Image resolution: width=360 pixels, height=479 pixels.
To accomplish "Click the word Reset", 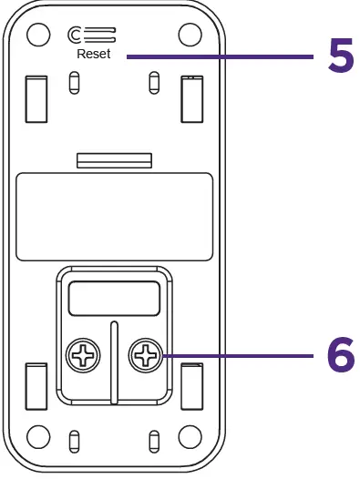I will (x=93, y=55).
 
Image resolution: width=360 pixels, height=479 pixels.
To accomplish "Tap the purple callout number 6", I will (x=340, y=356).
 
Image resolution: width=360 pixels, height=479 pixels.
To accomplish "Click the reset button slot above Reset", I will (x=92, y=36).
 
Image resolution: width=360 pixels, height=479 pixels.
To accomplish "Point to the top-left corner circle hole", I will (x=37, y=34).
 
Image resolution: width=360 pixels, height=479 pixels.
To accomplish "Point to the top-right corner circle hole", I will (x=189, y=34).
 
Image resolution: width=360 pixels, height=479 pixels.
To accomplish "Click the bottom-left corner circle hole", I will (x=37, y=434).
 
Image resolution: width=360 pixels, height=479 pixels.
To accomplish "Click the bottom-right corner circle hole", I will (x=189, y=434).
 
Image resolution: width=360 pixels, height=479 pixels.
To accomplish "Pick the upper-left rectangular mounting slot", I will (x=35, y=98).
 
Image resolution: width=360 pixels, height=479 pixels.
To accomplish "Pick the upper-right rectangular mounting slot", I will (x=192, y=98).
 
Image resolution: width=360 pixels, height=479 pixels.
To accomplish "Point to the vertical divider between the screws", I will (x=113, y=362).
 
